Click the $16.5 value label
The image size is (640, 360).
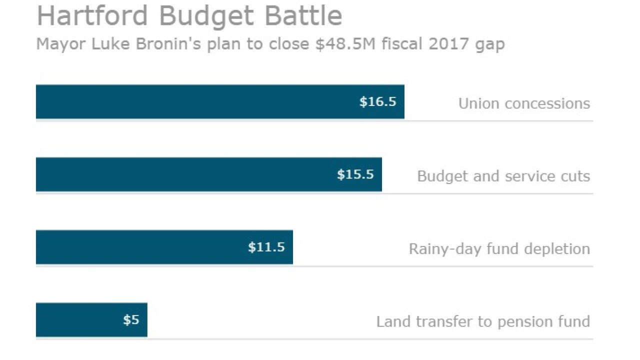coord(377,102)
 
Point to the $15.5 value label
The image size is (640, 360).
coord(355,174)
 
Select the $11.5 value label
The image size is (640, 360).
coord(266,247)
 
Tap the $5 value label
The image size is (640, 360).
coord(131,319)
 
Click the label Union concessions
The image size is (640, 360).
coord(524,103)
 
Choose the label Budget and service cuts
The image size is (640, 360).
coord(503,176)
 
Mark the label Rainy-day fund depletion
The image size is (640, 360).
coord(499,248)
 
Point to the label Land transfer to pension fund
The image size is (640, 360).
coord(483,321)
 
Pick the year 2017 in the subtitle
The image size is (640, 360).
coord(443,44)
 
